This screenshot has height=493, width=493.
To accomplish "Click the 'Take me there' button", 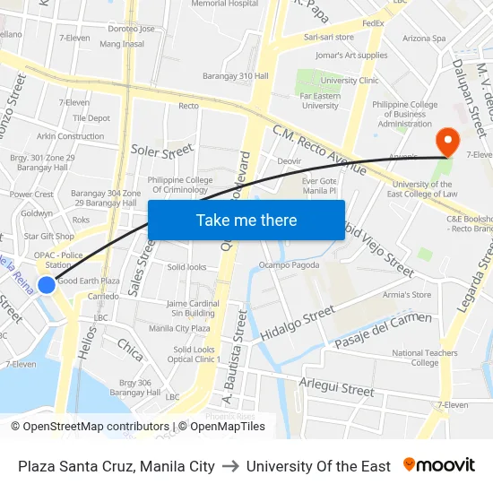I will pyautogui.click(x=246, y=221).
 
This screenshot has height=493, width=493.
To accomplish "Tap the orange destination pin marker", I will pyautogui.click(x=445, y=142).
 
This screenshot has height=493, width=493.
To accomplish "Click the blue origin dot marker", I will pyautogui.click(x=47, y=285).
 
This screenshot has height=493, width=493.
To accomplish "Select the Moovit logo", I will pyautogui.click(x=439, y=465).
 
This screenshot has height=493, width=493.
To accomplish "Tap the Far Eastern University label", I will pyautogui.click(x=320, y=99).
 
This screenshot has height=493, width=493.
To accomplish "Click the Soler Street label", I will pyautogui.click(x=162, y=150).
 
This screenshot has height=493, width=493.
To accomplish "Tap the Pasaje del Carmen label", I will pyautogui.click(x=383, y=331).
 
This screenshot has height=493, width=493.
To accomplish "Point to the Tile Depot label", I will pyautogui.click(x=91, y=117).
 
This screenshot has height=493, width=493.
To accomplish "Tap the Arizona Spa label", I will pyautogui.click(x=424, y=39).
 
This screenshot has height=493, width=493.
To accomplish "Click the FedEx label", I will pyautogui.click(x=373, y=22).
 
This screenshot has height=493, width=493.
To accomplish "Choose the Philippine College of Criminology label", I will pyautogui.click(x=181, y=185).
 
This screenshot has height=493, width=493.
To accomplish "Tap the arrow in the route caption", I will pyautogui.click(x=230, y=466).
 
